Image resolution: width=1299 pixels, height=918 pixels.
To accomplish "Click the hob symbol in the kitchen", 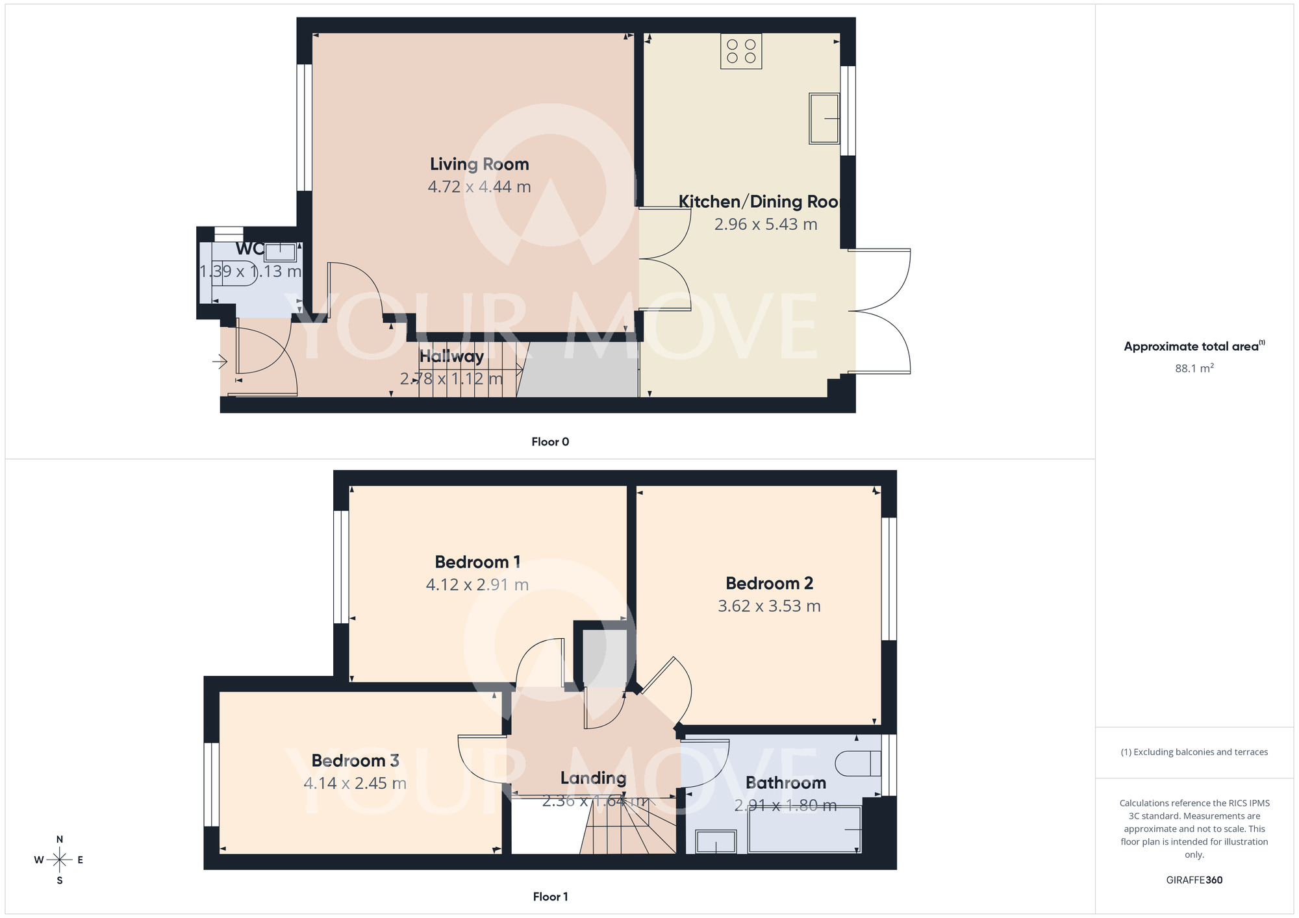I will coord(741,51).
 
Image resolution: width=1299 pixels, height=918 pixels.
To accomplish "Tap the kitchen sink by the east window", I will coord(824,118).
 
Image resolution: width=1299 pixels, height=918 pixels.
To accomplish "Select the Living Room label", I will coord(479,164).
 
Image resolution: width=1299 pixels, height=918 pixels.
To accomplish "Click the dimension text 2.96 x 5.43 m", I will coord(765,225).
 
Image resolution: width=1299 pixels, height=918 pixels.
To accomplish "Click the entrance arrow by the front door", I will coord(220,361).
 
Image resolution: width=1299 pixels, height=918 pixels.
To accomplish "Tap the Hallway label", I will coord(451,356).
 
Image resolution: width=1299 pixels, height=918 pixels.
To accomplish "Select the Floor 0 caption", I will coord(550,442).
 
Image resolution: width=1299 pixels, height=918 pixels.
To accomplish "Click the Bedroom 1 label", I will coord(477,562).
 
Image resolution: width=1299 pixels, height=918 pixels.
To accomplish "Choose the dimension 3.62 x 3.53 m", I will coord(769,606).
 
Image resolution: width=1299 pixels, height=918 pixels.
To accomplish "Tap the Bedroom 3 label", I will coord(355,761).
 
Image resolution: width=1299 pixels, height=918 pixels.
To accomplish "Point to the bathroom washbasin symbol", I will coord(716,842).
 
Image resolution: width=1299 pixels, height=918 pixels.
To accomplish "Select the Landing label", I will coord(593,778).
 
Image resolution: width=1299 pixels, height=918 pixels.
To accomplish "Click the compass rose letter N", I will coord(60,839).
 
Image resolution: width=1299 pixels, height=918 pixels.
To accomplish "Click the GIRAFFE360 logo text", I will coord(1194,880).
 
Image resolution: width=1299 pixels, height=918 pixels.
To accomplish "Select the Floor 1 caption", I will coord(550,897).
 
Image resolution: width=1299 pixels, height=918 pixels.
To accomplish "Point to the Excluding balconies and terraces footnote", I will coord(1194,752).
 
